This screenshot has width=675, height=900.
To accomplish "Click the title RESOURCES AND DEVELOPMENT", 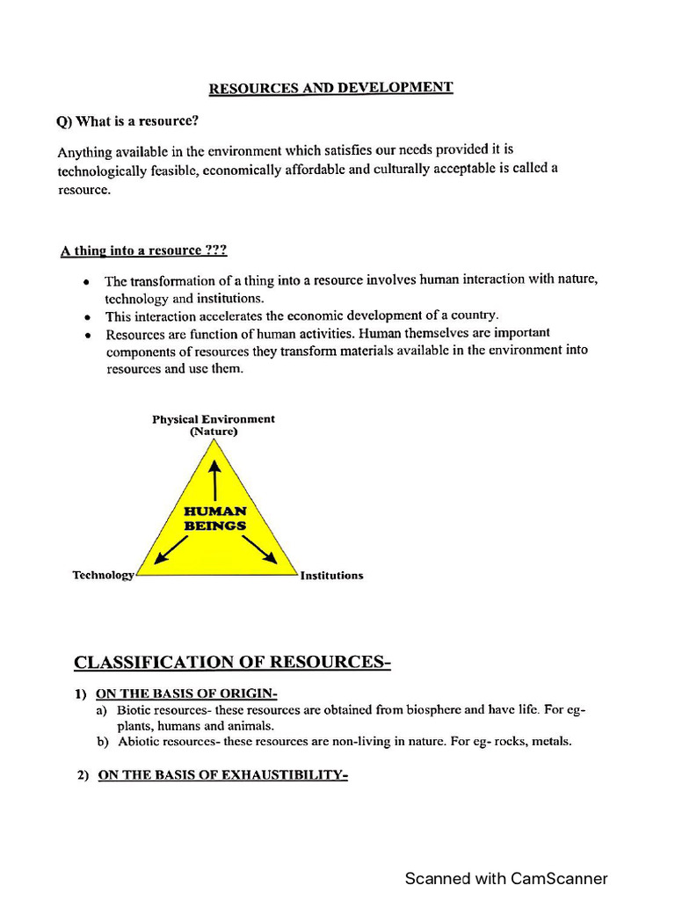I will [330, 88].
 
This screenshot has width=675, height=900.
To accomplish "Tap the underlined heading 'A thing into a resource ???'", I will [144, 250].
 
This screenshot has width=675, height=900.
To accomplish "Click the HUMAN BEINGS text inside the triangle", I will [214, 518].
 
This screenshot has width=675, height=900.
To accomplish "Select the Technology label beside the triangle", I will [103, 575].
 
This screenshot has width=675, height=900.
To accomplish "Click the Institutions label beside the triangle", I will [331, 576].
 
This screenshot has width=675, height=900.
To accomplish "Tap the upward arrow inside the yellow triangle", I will [214, 479].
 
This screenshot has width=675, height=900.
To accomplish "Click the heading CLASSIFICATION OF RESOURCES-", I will [232, 662].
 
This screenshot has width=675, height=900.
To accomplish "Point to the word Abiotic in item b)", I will [137, 742].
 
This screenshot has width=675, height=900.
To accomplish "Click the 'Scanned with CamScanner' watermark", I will [505, 878].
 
